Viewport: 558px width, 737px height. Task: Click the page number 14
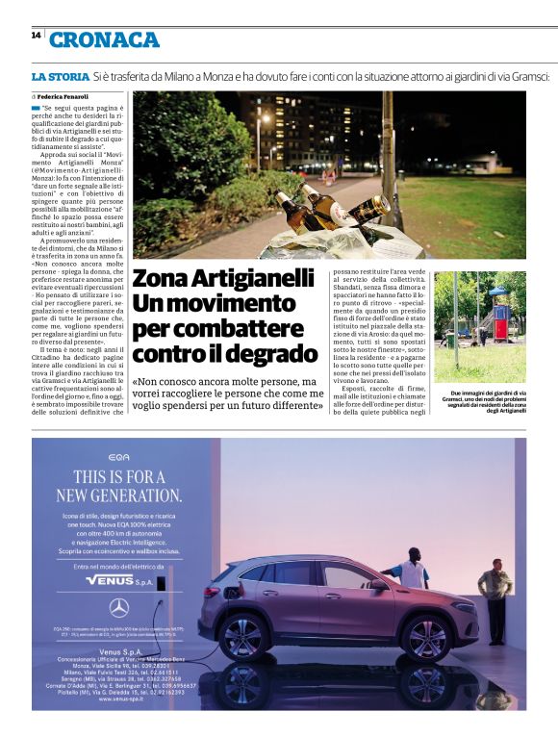[x=36, y=36]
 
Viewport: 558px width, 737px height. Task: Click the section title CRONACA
[x=104, y=39]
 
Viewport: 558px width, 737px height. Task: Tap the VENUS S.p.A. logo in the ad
[x=120, y=581]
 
